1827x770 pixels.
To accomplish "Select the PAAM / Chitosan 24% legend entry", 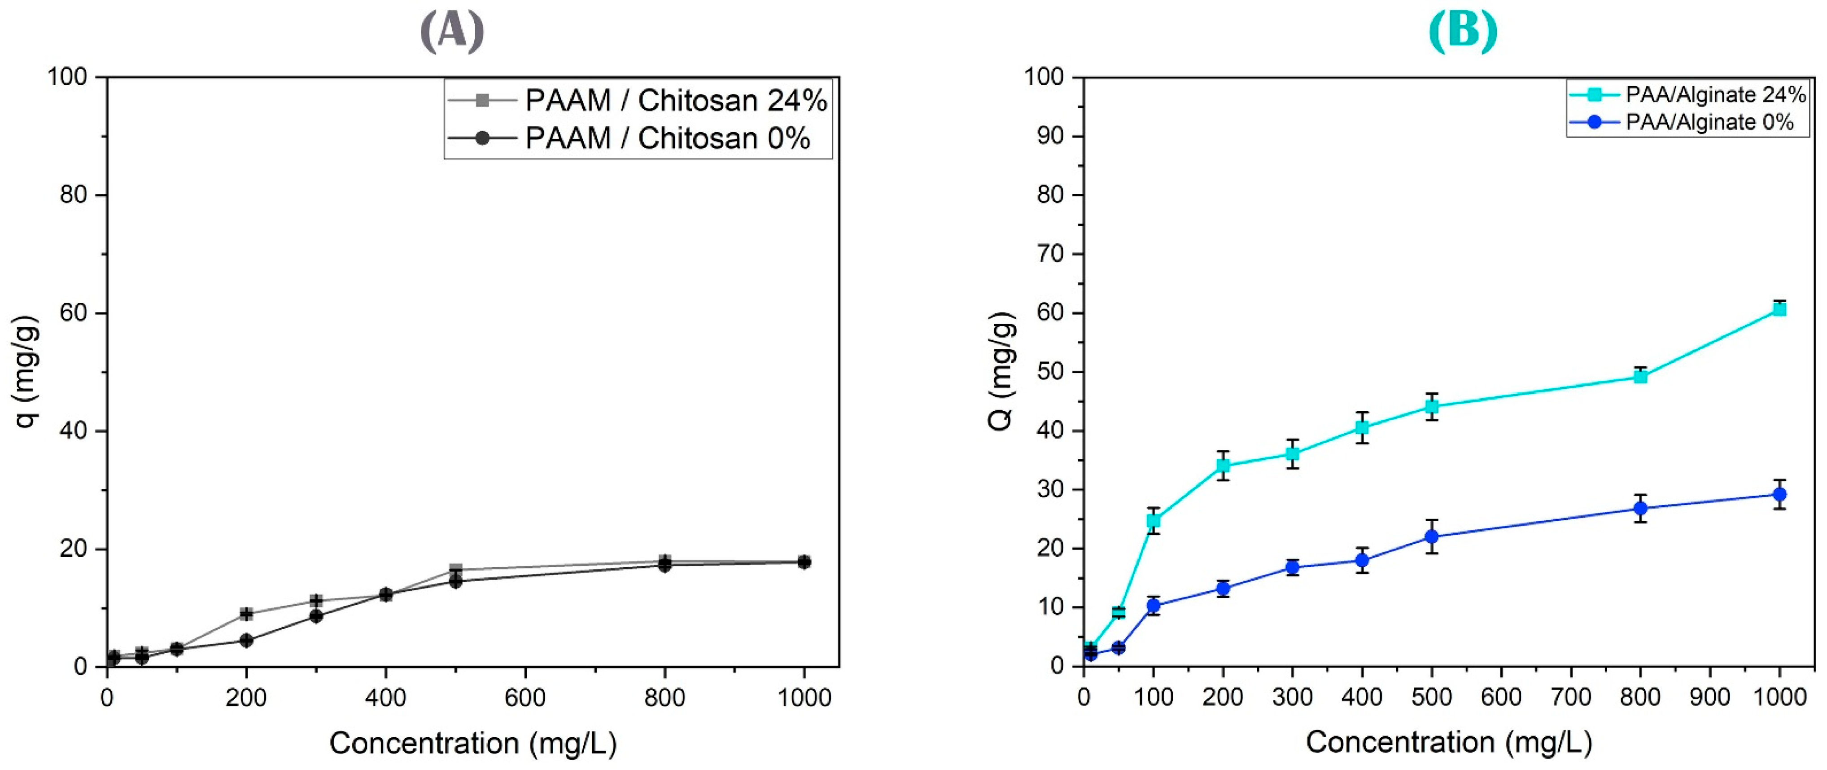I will [x=675, y=101].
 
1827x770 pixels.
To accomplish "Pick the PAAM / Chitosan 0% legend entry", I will [x=667, y=138].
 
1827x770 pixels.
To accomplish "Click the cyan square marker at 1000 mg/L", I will [x=1779, y=309].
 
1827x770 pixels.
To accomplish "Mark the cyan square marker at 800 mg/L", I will [x=1640, y=377].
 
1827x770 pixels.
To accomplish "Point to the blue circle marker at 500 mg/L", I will [x=1431, y=537].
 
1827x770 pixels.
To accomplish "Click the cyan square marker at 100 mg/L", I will [x=1153, y=521].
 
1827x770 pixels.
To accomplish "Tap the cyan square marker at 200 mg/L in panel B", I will [x=1223, y=466].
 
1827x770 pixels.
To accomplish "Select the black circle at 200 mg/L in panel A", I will [x=246, y=640].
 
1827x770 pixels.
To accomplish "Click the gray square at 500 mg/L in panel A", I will [x=455, y=569].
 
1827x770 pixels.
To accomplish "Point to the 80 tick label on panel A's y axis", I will [x=73, y=195].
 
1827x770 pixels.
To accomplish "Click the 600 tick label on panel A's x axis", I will [x=525, y=698].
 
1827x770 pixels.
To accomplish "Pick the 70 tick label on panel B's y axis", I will [x=1050, y=254].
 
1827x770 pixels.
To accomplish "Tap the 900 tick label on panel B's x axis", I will [x=1709, y=698].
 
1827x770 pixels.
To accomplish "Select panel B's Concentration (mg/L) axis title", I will [x=1449, y=742].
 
